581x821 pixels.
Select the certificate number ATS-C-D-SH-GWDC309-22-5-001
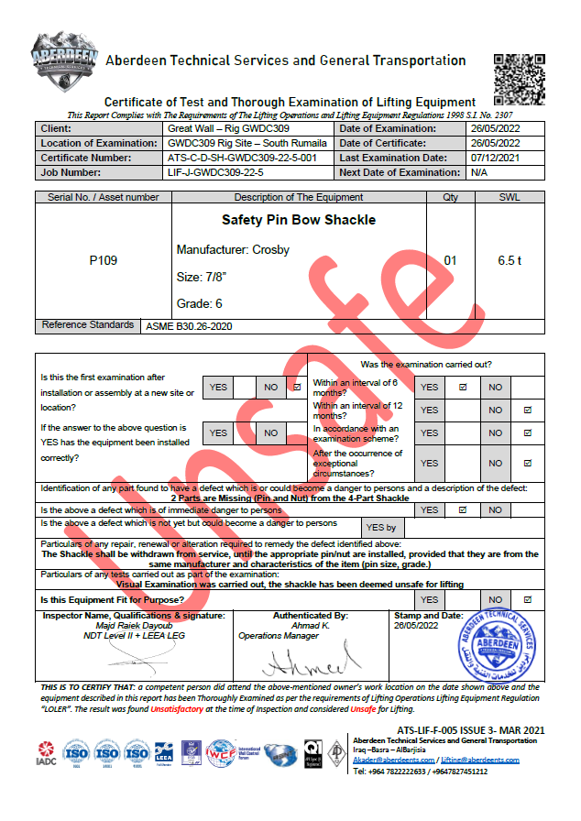point(242,158)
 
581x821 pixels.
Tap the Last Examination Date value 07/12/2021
point(495,158)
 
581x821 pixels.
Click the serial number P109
point(103,261)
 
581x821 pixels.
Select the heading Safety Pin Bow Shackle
point(285,220)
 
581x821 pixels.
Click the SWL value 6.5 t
point(510,261)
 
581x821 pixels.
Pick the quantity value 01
point(450,261)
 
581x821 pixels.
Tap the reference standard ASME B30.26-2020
point(188,325)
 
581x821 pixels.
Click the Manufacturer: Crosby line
point(233,250)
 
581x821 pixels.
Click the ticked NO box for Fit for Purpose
point(527,599)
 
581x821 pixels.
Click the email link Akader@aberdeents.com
point(391,761)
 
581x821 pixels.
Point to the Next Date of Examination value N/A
point(478,172)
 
